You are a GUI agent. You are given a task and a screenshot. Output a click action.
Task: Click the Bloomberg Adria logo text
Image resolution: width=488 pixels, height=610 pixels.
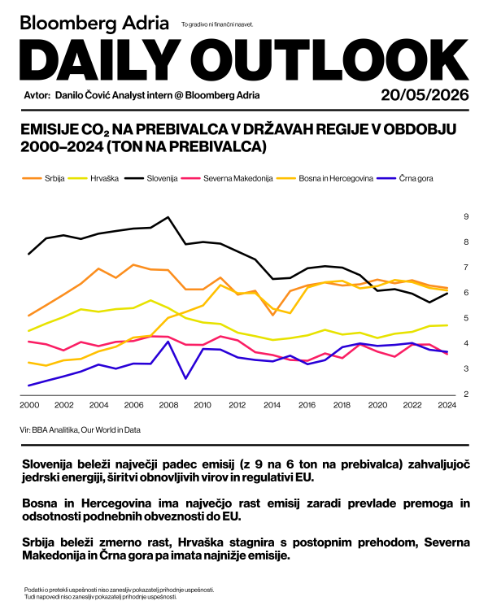tap(94, 24)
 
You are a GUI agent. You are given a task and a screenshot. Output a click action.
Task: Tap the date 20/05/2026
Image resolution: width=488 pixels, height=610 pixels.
tap(425, 95)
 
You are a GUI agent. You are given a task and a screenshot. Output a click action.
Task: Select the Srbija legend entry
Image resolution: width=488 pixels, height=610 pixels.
tap(44, 179)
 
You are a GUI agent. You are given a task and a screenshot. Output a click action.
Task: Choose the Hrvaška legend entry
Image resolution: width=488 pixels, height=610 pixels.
tap(94, 179)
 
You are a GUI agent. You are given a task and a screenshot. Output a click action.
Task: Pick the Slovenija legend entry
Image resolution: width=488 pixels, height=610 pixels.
tap(151, 179)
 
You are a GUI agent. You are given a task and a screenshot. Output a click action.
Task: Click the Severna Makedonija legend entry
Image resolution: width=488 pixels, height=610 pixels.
tap(227, 179)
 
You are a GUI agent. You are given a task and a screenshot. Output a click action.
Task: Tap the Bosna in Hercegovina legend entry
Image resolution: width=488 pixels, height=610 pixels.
tap(325, 179)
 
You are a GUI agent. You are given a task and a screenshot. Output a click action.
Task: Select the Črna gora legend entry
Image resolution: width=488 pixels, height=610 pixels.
tap(406, 179)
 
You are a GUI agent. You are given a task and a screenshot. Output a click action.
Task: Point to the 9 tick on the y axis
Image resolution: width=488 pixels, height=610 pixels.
tap(466, 216)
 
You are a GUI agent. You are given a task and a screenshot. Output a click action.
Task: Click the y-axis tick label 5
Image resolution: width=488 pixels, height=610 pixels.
tap(466, 318)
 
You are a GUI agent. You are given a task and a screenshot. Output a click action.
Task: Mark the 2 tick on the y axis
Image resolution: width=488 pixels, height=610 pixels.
tap(466, 394)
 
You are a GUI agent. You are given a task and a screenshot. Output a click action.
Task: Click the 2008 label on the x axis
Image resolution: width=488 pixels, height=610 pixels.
tap(168, 405)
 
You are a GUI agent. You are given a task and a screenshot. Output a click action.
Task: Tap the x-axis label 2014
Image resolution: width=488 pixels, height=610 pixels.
tap(272, 405)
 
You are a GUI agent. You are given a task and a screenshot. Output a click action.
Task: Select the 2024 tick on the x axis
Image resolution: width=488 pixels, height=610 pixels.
tap(447, 405)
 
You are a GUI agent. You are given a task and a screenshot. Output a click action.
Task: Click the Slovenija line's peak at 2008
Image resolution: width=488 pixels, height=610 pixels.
tap(168, 217)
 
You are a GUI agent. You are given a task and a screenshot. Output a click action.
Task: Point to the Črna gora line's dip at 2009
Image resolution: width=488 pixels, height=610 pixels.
tap(185, 378)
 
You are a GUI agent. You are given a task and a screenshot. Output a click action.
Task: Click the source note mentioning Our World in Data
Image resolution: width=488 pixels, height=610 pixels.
tap(81, 430)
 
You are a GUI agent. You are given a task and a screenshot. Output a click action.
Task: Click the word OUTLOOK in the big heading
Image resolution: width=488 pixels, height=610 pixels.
tap(329, 59)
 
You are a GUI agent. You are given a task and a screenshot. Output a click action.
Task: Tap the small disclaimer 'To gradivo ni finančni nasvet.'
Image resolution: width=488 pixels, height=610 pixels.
tap(217, 24)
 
